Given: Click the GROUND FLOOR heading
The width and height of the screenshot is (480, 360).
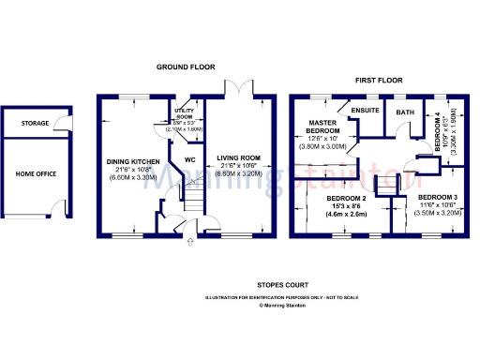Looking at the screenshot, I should point(186,67).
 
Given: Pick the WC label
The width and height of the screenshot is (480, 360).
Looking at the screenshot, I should point(188,160).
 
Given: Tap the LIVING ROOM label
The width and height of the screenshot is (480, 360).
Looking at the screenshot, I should point(239,158).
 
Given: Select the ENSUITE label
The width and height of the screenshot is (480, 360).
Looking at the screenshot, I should point(363,111).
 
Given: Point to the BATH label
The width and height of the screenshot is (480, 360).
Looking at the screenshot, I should point(405,112).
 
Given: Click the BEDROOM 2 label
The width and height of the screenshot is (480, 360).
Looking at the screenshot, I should point(345,199).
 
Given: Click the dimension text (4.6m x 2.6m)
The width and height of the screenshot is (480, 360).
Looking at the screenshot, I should point(345,214).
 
